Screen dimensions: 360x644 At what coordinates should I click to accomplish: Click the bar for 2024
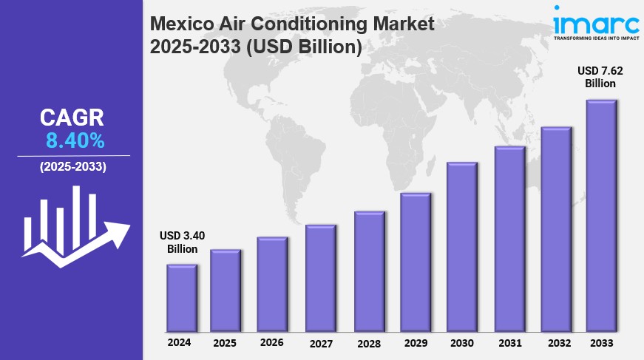(x=182, y=298)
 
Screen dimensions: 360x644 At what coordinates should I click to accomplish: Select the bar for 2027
(x=321, y=278)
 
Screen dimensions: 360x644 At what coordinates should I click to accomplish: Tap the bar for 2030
(x=462, y=247)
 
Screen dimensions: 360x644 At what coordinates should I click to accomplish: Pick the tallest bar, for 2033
(x=602, y=216)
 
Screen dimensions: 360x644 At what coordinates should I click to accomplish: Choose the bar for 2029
(x=416, y=262)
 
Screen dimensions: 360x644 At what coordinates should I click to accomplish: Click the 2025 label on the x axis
(x=226, y=343)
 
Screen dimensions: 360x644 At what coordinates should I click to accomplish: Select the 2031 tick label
(x=509, y=343)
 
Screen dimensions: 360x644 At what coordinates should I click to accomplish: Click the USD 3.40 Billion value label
(x=182, y=242)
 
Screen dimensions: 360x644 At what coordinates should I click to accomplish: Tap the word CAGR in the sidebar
(x=72, y=118)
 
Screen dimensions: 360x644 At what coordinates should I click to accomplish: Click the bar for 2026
(x=272, y=285)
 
